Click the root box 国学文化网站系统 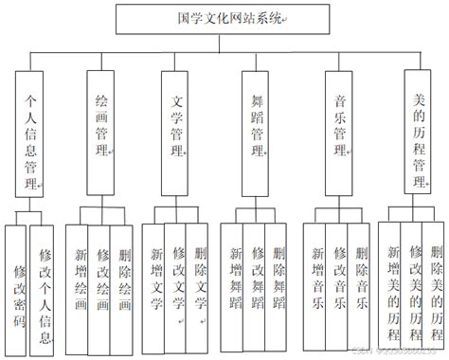point(224,19)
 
